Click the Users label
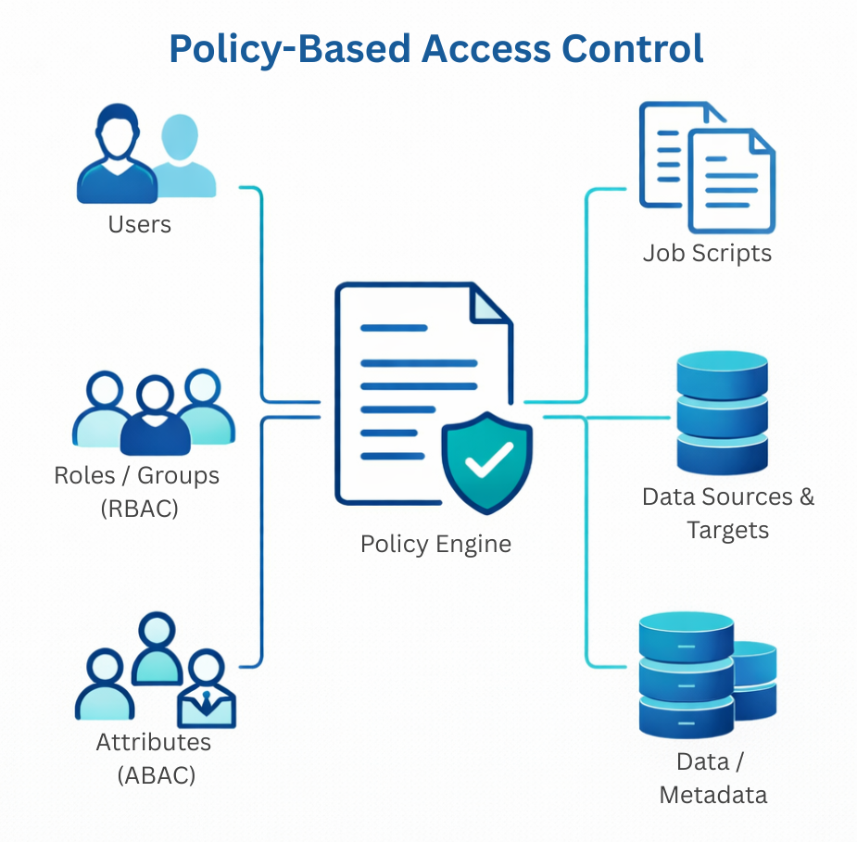(140, 224)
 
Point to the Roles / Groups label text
(136, 475)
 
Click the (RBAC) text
(138, 508)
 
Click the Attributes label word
(154, 742)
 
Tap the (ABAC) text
(157, 774)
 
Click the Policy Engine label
(435, 544)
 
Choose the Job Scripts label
(707, 253)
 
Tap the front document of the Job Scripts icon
(731, 181)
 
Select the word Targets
(727, 531)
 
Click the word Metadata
(713, 794)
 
